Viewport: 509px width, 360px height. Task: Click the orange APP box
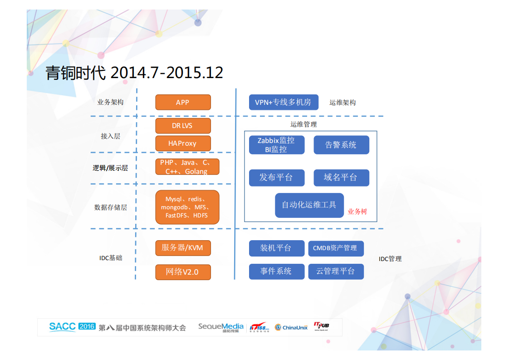[x=183, y=102]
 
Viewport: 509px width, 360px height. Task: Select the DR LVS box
[x=183, y=126]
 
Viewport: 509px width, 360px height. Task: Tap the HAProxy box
[x=183, y=143]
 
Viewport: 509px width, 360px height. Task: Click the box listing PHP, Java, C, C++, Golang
[x=187, y=167]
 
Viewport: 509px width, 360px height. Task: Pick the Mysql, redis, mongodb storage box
[x=187, y=207]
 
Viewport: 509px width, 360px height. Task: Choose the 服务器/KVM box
[x=183, y=248]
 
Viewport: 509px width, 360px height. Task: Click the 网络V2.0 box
[x=183, y=271]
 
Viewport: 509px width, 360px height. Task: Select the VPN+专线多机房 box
[x=284, y=102]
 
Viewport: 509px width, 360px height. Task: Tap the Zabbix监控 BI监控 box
[x=276, y=145]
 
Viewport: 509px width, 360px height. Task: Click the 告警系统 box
[x=341, y=145]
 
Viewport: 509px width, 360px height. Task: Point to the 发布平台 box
[x=276, y=178]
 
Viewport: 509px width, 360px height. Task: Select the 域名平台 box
[x=341, y=178]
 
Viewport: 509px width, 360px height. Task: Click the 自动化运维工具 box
[x=309, y=205]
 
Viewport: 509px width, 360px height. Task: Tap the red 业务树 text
[x=357, y=212]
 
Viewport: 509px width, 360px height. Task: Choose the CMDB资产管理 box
[x=336, y=248]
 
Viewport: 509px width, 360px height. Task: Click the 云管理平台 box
[x=336, y=271]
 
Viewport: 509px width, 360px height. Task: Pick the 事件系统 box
[x=276, y=271]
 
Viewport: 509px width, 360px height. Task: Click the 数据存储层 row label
[x=110, y=207]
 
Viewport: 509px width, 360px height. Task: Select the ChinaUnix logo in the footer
[x=291, y=327]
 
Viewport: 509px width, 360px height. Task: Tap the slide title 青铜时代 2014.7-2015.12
[x=134, y=73]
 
